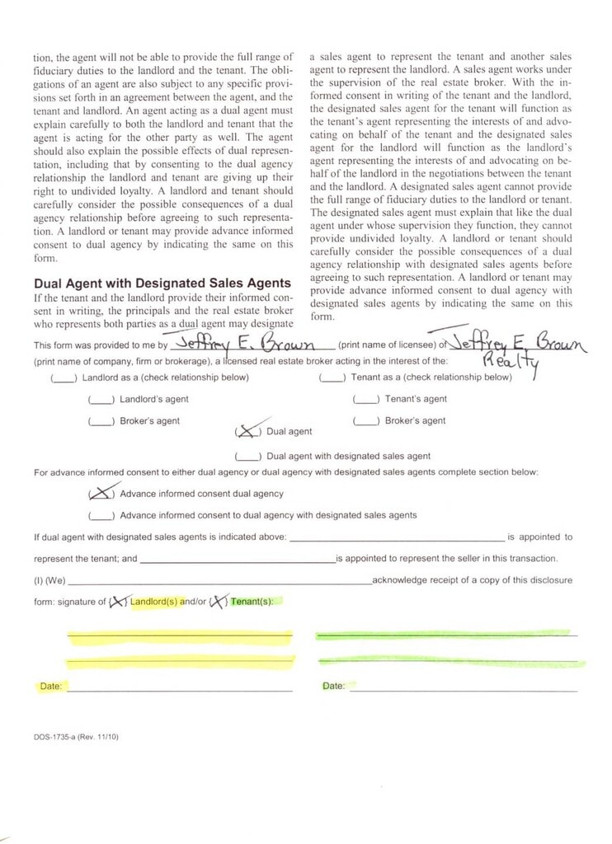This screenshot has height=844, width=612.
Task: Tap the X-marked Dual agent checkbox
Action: (x=247, y=431)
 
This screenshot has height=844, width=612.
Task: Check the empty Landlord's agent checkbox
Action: (x=101, y=400)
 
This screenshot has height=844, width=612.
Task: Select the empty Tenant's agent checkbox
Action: (x=365, y=400)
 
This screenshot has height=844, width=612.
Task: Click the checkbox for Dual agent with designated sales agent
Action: (x=248, y=456)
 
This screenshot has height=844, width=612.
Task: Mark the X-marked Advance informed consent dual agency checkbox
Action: (x=101, y=494)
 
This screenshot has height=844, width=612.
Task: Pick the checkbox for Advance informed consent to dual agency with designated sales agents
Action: (x=101, y=515)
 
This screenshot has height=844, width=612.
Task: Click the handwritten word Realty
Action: (x=509, y=362)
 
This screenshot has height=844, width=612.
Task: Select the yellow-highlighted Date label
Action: (x=49, y=687)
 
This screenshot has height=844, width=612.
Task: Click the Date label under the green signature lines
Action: (x=333, y=687)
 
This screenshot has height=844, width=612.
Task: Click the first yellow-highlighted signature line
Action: (x=180, y=637)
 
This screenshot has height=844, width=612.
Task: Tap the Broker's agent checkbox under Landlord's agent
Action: (x=101, y=421)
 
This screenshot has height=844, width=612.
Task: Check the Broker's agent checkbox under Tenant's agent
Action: (x=365, y=421)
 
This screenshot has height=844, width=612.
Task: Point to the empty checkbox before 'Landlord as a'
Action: (x=64, y=378)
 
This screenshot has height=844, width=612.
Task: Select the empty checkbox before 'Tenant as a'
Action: (x=332, y=378)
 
